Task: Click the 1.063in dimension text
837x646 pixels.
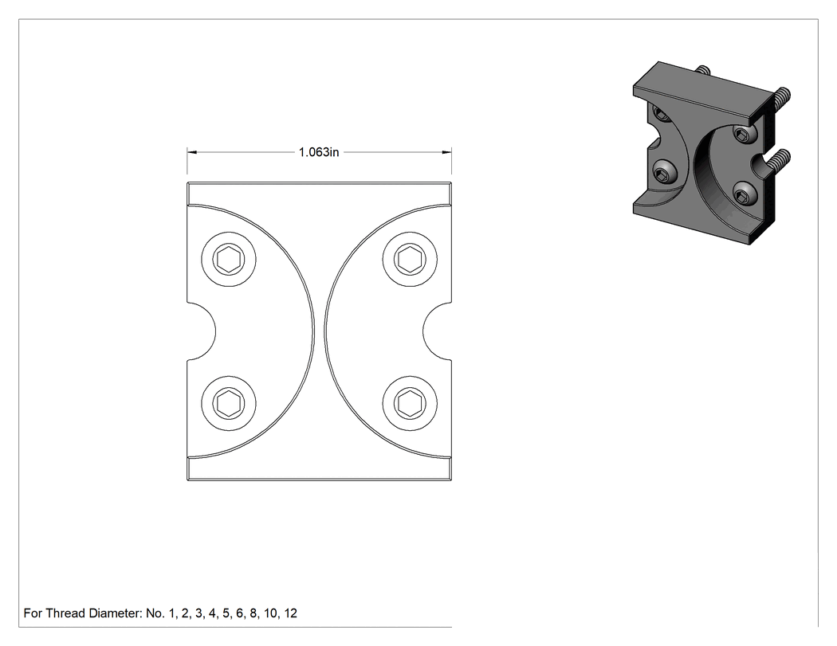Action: [x=319, y=153]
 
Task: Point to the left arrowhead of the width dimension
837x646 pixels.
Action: [x=191, y=153]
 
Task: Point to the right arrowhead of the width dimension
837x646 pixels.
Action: [x=446, y=153]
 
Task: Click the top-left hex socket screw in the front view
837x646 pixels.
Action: [x=229, y=260]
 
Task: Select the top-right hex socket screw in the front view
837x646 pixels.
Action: [x=410, y=260]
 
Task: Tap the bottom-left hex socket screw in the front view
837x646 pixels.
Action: [x=229, y=403]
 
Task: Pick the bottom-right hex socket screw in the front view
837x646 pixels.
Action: [x=410, y=403]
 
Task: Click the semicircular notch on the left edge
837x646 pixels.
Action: [x=202, y=331]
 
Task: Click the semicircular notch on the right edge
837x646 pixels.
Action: [x=437, y=331]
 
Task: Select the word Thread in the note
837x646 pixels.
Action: [x=65, y=613]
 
